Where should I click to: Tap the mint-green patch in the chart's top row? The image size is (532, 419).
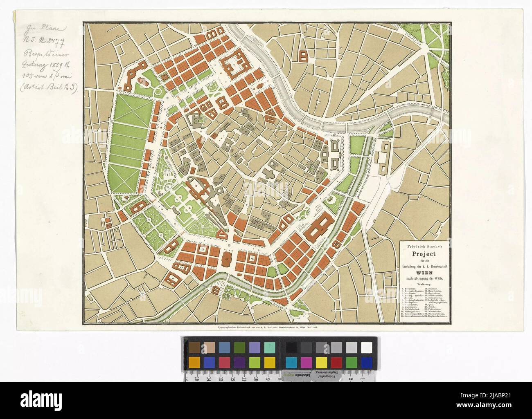coord(269,347)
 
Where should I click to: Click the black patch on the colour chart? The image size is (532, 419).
coord(291,347)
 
